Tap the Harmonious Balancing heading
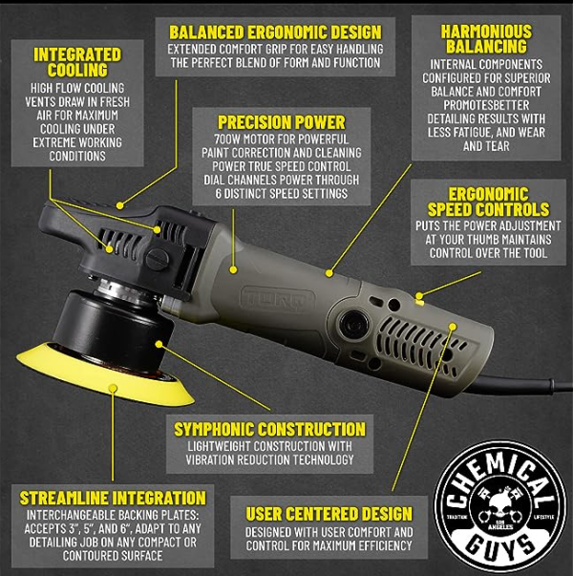pos(486,38)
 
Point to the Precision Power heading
pos(282,122)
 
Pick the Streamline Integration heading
pos(113,498)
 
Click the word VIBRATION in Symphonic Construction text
pos(222,459)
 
